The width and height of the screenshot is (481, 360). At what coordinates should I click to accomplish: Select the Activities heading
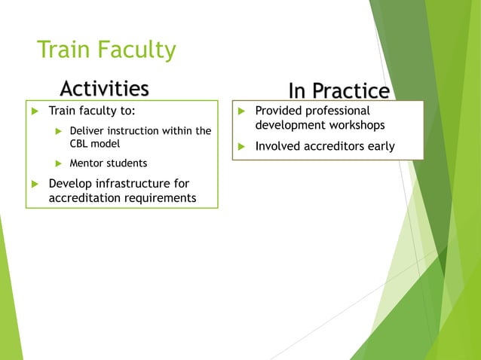pyautogui.click(x=104, y=89)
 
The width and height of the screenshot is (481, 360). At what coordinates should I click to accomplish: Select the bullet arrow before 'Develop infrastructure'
pyautogui.click(x=33, y=184)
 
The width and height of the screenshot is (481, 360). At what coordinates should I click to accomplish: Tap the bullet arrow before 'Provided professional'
pyautogui.click(x=240, y=111)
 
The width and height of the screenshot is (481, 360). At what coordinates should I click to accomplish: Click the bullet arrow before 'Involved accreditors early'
pyautogui.click(x=240, y=147)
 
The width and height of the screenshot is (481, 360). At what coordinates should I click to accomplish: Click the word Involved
pyautogui.click(x=278, y=146)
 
